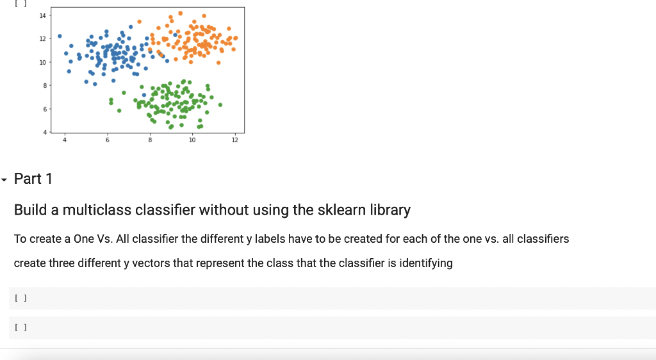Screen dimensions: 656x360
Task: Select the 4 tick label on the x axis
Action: (x=65, y=140)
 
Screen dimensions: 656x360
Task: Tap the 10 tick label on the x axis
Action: (x=192, y=140)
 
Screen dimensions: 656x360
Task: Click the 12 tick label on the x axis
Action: (x=234, y=140)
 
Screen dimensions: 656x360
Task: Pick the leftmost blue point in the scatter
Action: (x=60, y=37)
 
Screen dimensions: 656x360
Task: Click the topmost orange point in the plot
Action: (x=180, y=13)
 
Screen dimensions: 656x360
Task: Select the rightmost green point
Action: (x=220, y=105)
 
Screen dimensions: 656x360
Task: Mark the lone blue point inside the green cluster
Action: (x=144, y=95)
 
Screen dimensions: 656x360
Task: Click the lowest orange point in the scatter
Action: (x=218, y=63)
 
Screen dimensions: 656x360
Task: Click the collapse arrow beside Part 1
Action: (x=4, y=180)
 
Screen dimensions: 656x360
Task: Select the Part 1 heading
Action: (x=33, y=179)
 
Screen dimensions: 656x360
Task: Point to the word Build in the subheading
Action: (x=30, y=209)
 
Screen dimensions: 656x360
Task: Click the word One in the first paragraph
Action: (x=84, y=239)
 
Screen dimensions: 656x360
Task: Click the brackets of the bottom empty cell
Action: (x=20, y=327)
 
